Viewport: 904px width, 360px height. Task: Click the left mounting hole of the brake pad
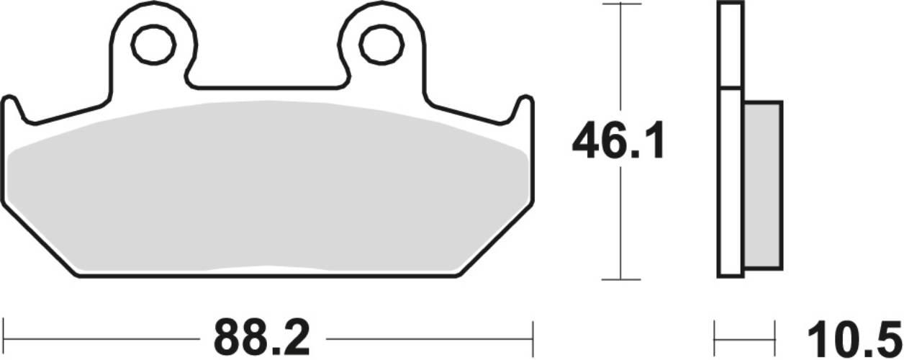click(x=153, y=45)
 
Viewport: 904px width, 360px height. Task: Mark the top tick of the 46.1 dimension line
click(x=620, y=4)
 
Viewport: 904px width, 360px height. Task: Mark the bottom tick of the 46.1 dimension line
click(x=620, y=279)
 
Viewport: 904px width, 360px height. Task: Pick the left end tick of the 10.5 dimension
click(x=714, y=335)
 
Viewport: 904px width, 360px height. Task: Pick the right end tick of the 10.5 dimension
click(x=774, y=335)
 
